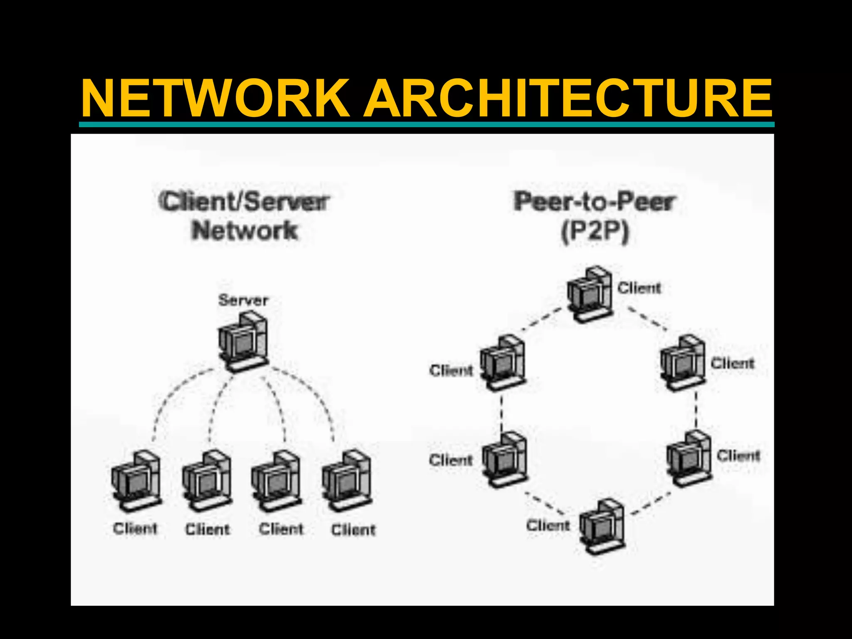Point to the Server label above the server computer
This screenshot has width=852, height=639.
243,300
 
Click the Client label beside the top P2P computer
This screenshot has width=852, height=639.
639,288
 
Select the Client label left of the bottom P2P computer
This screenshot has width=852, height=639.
548,525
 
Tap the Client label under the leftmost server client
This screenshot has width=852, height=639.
135,529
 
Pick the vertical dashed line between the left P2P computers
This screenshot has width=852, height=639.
502,412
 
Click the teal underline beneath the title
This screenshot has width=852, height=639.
426,124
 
